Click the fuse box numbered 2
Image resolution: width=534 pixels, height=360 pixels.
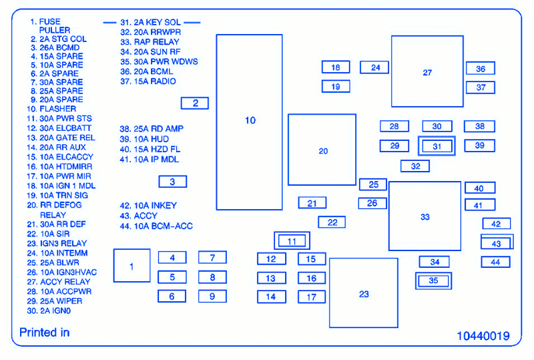click(195, 103)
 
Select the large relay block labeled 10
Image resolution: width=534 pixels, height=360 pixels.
click(250, 121)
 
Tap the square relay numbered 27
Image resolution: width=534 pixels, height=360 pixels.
click(427, 72)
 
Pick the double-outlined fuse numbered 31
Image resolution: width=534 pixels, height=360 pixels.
click(437, 146)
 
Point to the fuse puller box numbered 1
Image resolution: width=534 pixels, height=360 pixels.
click(131, 266)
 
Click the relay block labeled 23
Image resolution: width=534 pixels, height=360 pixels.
click(363, 294)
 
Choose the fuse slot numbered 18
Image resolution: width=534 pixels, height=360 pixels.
click(336, 67)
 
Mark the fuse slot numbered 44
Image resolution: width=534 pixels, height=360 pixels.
click(495, 262)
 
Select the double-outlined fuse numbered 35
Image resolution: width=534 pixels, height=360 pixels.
click(433, 281)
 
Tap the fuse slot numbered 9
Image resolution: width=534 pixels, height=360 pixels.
click(212, 296)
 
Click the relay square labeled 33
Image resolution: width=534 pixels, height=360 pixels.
click(425, 216)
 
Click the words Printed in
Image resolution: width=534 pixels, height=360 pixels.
click(44, 333)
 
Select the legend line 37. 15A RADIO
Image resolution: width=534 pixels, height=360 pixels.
click(148, 81)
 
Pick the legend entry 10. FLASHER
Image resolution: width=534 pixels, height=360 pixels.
click(52, 108)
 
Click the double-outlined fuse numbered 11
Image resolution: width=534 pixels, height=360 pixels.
click(292, 240)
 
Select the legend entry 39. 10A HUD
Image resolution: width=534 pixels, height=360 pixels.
click(145, 139)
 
